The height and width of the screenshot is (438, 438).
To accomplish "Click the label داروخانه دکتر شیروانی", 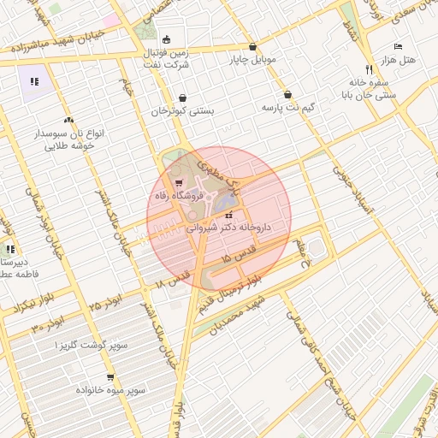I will click(228, 228).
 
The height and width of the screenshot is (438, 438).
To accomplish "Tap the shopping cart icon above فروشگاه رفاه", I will click(178, 182).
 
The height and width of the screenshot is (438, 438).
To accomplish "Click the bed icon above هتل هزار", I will click(398, 46).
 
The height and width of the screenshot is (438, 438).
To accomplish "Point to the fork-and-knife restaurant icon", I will click(369, 68).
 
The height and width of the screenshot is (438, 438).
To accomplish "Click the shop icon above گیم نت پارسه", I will click(287, 95).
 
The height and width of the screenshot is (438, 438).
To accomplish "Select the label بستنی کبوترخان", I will click(183, 111).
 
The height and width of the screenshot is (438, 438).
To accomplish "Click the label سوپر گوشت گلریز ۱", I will click(92, 344).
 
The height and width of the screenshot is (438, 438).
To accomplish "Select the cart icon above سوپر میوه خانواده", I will click(110, 377).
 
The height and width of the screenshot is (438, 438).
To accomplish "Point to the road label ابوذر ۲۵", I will click(105, 303).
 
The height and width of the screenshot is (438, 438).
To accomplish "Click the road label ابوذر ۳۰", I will click(49, 323).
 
